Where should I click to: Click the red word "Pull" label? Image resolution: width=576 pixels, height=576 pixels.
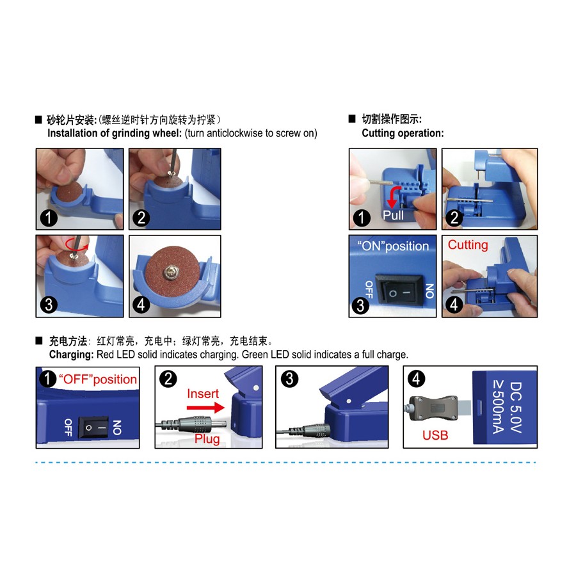pos(393,215)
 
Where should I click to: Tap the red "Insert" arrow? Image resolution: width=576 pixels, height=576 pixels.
pos(205,408)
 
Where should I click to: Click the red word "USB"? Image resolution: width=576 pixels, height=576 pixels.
pos(435,435)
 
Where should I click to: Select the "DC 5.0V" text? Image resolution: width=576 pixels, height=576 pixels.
pos(516,408)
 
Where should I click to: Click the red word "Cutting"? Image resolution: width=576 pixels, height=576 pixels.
pos(468,244)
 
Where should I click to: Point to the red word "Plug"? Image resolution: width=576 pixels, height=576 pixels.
pos(207,438)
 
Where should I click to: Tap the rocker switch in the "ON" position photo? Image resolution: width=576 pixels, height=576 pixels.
pos(399,292)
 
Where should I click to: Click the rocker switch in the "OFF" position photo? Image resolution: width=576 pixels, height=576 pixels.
pos(94,428)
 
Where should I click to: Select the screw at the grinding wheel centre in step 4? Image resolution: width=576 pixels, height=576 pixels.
pos(171,272)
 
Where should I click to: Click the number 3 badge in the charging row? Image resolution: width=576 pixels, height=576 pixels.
pos(289,379)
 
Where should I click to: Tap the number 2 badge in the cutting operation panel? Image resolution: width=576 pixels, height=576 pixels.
pos(454,218)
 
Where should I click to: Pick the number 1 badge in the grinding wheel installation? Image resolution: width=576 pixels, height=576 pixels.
pos(49,218)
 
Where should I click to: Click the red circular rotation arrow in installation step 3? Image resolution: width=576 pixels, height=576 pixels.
pos(77,244)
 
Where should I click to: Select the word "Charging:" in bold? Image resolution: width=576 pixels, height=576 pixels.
pos(72,355)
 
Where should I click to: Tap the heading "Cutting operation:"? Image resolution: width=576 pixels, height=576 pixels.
pos(403,133)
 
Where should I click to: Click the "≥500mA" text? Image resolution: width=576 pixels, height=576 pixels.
pos(499,408)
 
